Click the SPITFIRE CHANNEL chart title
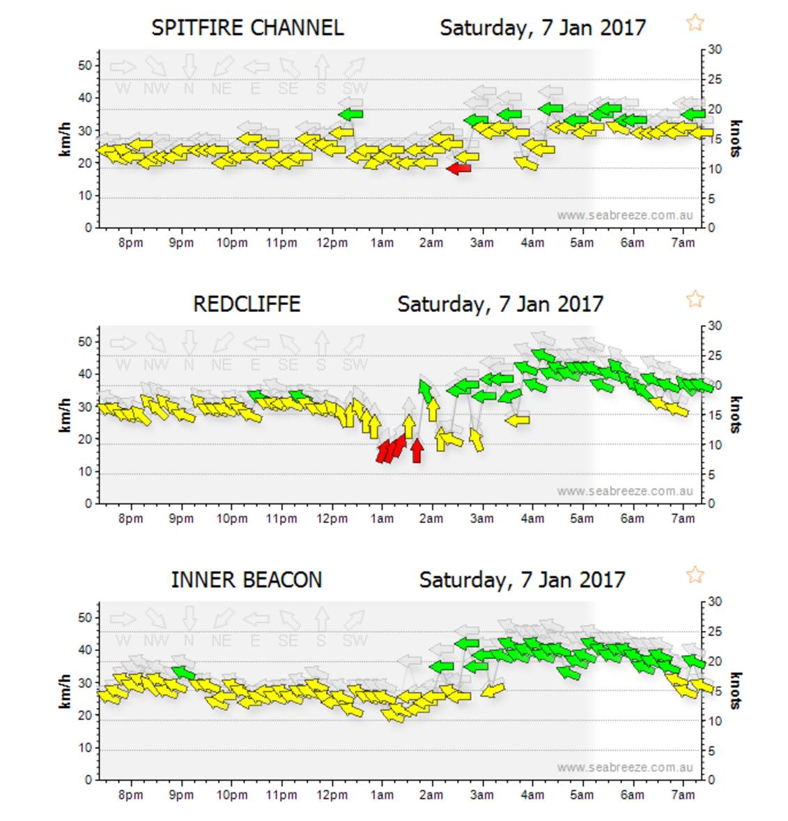click(x=247, y=28)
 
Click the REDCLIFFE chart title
click(x=247, y=304)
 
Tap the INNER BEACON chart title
click(x=247, y=580)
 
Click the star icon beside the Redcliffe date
click(x=695, y=299)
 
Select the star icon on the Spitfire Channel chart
click(x=695, y=23)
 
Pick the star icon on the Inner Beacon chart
click(x=695, y=575)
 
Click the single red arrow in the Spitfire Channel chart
click(x=458, y=169)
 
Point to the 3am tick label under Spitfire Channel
click(x=481, y=243)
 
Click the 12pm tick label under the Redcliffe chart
click(x=332, y=519)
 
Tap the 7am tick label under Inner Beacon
click(x=683, y=795)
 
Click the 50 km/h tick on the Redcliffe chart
click(x=84, y=342)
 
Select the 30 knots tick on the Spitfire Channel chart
click(x=715, y=49)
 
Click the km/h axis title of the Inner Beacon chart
click(x=65, y=691)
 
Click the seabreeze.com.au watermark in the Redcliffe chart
click(x=625, y=491)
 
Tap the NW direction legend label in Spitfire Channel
click(x=156, y=89)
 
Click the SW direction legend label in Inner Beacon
click(x=355, y=641)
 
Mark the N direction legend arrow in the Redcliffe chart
click(x=189, y=343)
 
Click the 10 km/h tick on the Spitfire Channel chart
click(x=84, y=196)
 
